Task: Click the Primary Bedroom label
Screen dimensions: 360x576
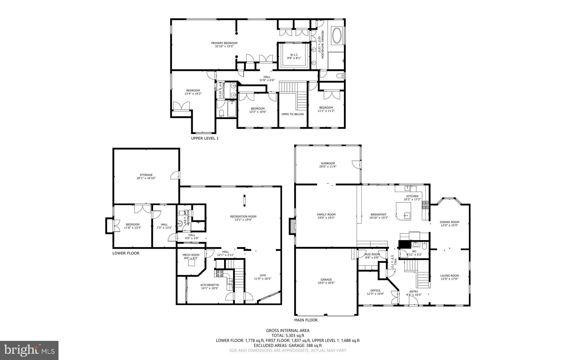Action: coord(224,43)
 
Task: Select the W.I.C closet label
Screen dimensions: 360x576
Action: coord(294,55)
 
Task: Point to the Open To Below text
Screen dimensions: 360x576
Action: coord(292,114)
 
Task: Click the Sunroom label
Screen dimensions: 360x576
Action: coord(328,163)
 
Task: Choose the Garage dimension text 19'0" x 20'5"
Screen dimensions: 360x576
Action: coord(326,283)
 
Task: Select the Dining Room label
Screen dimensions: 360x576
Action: coord(449,222)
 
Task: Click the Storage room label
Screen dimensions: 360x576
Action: coord(146,175)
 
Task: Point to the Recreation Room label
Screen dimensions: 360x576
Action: coord(243,216)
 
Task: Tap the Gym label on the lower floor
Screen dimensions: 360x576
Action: coord(262,276)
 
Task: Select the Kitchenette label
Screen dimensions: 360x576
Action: coord(210,285)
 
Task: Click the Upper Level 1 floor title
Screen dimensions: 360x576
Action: coord(204,138)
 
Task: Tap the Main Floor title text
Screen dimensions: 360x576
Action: coord(306,320)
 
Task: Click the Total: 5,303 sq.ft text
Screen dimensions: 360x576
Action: coord(288,336)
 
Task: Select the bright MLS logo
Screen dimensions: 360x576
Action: coord(29,350)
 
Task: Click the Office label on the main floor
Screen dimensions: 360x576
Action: coord(375,290)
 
